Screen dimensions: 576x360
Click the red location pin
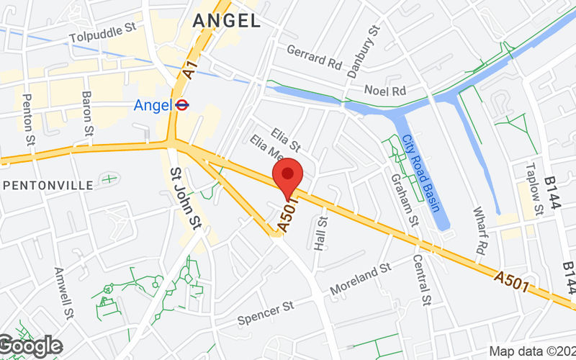coord(288,175)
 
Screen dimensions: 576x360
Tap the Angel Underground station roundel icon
coord(183,105)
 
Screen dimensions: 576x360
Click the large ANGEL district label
coord(227,21)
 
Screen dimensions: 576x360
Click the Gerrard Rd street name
coord(314,57)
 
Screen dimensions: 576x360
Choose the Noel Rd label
coord(385,91)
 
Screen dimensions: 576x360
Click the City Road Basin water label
coord(420,173)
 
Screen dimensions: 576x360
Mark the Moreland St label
coord(360,278)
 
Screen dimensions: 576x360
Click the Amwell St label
coord(64,293)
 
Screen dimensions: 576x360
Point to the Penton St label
coord(29,116)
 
